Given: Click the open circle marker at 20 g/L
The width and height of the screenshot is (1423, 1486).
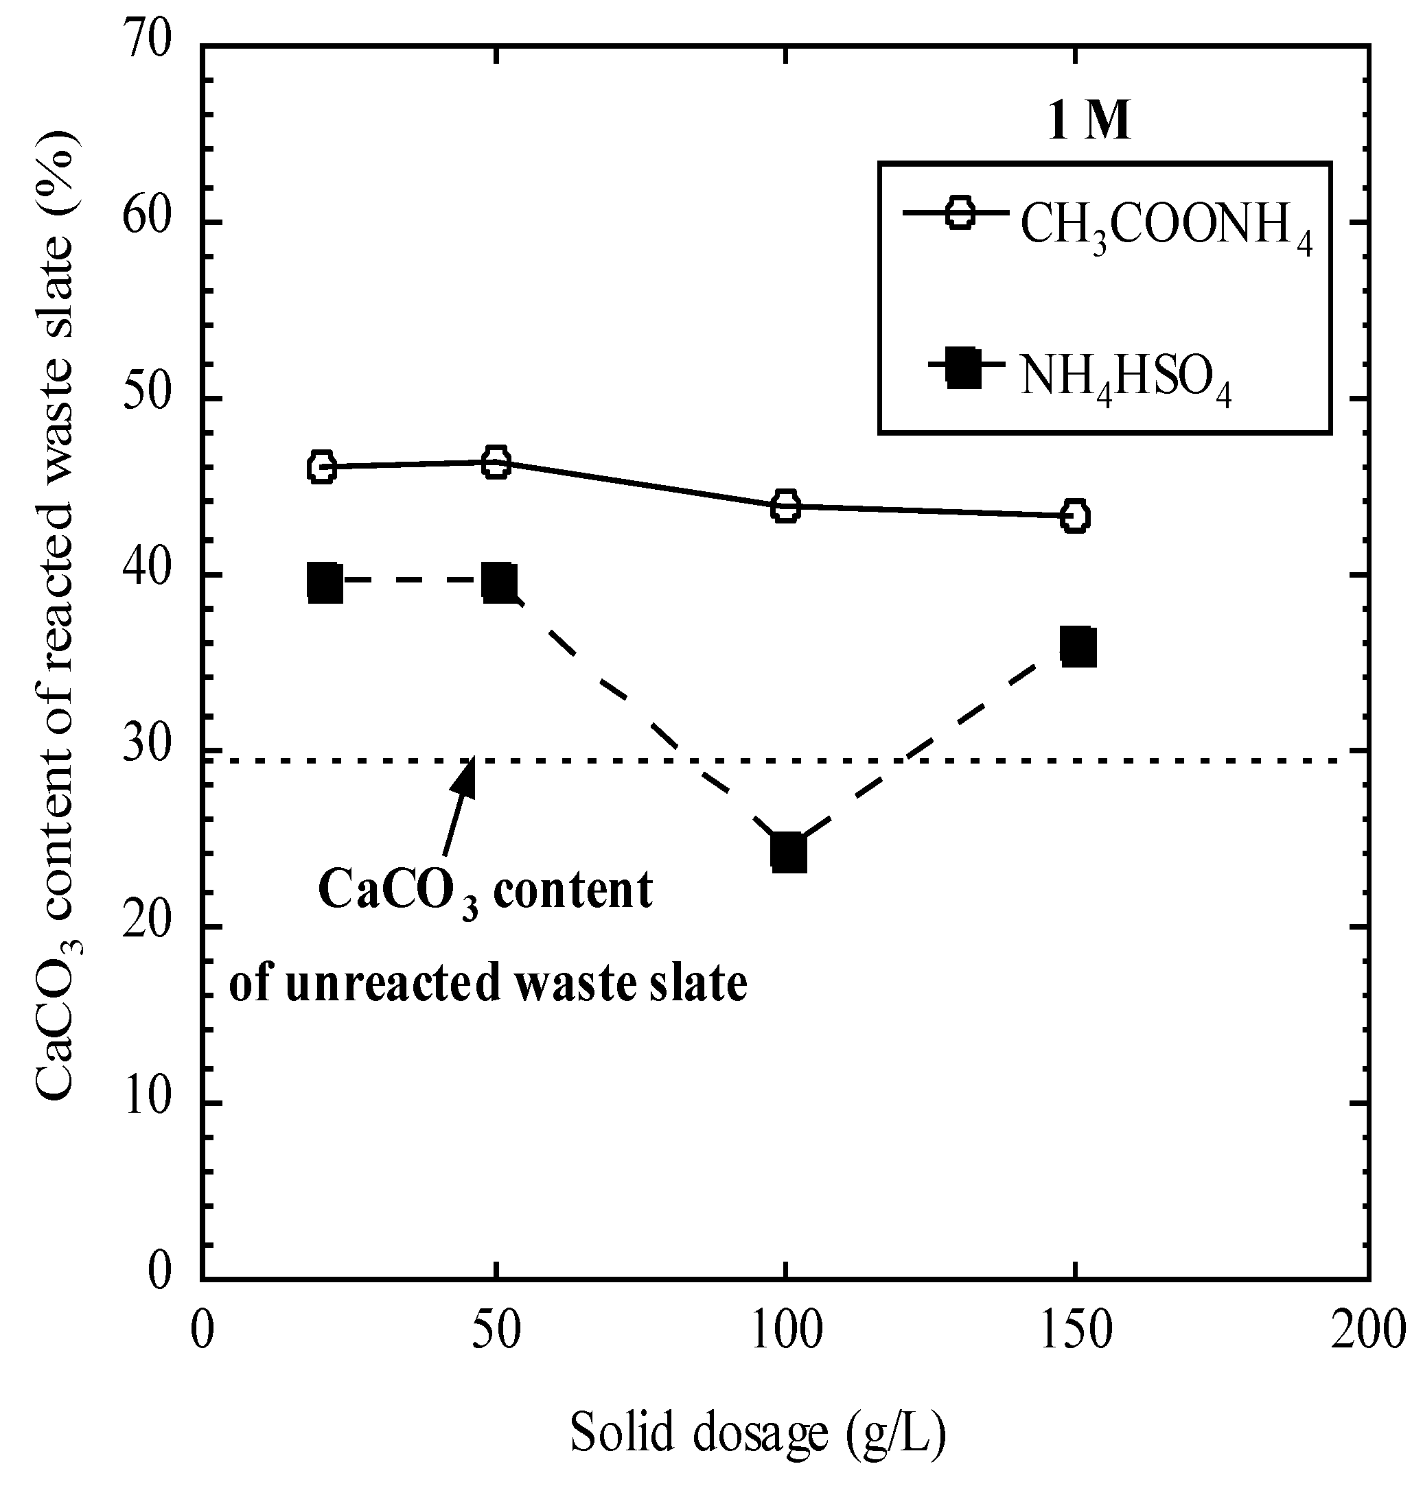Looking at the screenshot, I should (322, 467).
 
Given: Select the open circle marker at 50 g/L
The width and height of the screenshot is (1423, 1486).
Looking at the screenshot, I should (496, 462).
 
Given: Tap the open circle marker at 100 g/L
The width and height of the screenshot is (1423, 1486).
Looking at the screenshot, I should (786, 506).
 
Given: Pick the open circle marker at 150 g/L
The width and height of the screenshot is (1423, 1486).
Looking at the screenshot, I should (1075, 517).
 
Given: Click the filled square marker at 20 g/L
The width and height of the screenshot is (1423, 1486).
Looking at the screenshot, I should (325, 583).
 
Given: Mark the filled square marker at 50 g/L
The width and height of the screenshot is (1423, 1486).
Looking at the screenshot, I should (499, 582).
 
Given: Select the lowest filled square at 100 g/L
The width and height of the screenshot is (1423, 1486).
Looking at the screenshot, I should (788, 853).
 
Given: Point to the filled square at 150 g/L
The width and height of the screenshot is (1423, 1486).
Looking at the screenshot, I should (1078, 647).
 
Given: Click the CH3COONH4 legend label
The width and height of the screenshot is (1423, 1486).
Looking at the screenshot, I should (1165, 228).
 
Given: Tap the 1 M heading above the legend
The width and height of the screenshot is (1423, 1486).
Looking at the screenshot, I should (1089, 121).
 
